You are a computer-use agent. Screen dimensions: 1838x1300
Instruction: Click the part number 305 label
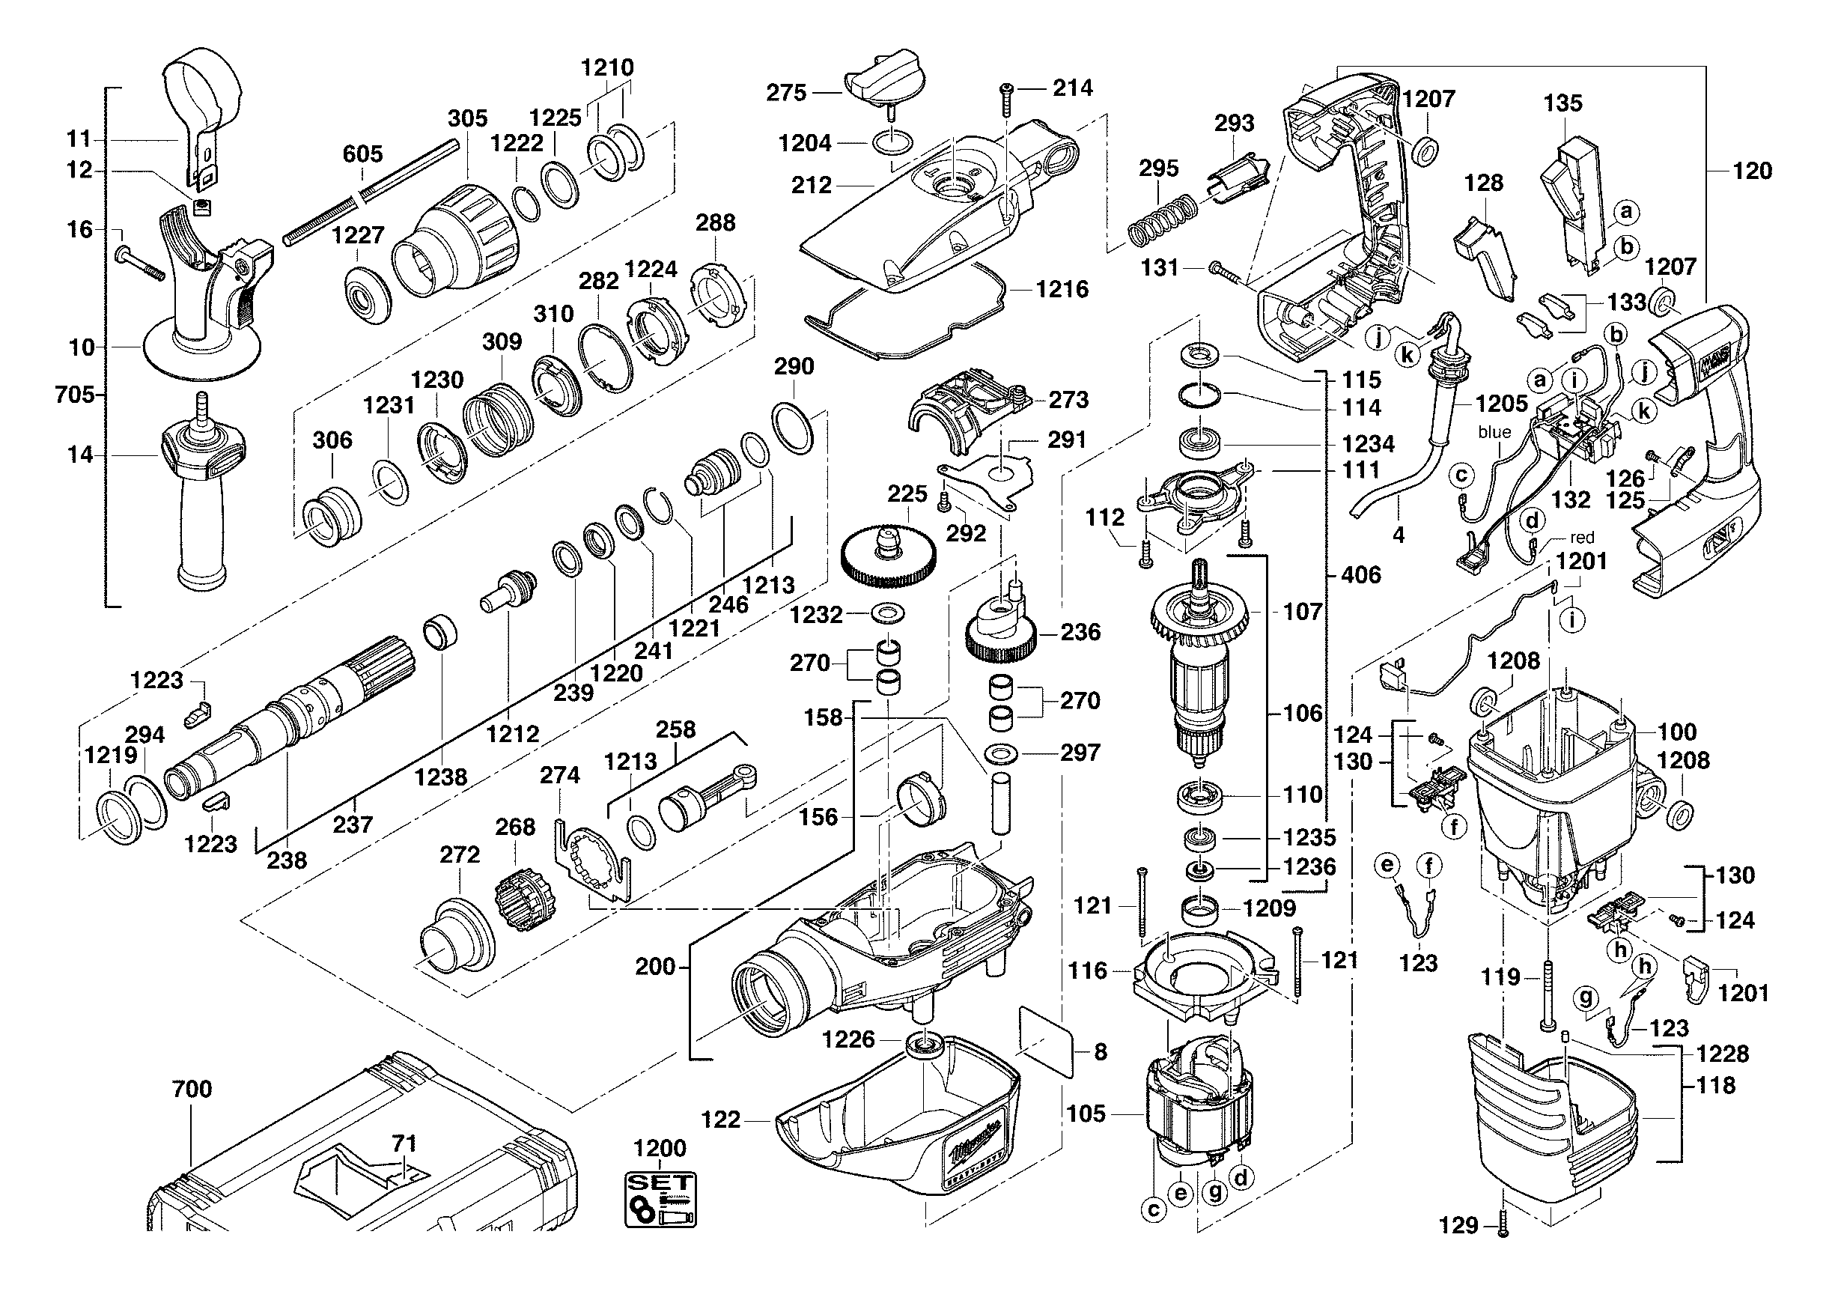pos(467,118)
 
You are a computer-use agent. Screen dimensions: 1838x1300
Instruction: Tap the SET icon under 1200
pos(660,1199)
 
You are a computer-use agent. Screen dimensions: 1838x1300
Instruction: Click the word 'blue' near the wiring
pos(1494,432)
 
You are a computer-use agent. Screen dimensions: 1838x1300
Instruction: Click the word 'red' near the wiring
pos(1582,538)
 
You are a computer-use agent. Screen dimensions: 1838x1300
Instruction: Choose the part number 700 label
pos(192,1089)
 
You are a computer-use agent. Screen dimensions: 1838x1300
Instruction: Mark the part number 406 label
pos(1361,575)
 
